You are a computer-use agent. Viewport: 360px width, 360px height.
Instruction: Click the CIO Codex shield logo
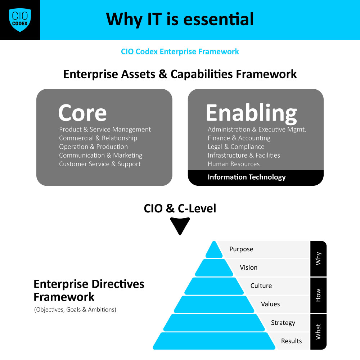(x=20, y=20)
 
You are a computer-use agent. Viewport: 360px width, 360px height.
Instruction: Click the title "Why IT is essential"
(x=180, y=19)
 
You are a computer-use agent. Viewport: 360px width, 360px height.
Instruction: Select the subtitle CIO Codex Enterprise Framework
(x=180, y=51)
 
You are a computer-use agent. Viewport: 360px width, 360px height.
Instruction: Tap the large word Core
(x=82, y=113)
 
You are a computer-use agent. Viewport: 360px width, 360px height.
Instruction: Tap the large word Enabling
(x=251, y=113)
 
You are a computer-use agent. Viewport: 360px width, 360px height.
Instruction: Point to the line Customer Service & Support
(x=100, y=164)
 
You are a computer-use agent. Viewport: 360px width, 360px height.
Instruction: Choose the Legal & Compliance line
(x=236, y=147)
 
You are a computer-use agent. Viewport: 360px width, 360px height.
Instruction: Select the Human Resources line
(x=234, y=164)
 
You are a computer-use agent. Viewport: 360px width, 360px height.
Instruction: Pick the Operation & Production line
(x=94, y=147)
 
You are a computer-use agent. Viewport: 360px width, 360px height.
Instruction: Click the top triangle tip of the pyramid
(x=214, y=242)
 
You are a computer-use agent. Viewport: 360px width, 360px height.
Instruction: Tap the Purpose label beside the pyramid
(x=241, y=249)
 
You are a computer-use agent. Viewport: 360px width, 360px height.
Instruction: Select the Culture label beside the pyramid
(x=261, y=286)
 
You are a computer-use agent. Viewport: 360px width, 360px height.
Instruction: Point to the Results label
(x=291, y=341)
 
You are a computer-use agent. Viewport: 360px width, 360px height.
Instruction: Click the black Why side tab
(x=318, y=258)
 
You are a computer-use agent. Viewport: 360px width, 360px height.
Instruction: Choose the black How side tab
(x=318, y=295)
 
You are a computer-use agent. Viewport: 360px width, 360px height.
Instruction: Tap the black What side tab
(x=318, y=332)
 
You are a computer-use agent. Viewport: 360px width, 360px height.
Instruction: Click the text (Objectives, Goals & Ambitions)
(x=75, y=310)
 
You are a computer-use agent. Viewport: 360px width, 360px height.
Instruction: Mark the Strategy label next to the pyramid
(x=283, y=323)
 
